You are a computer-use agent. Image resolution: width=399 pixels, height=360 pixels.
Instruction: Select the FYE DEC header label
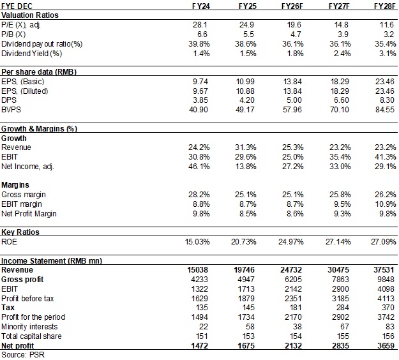[19, 6]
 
